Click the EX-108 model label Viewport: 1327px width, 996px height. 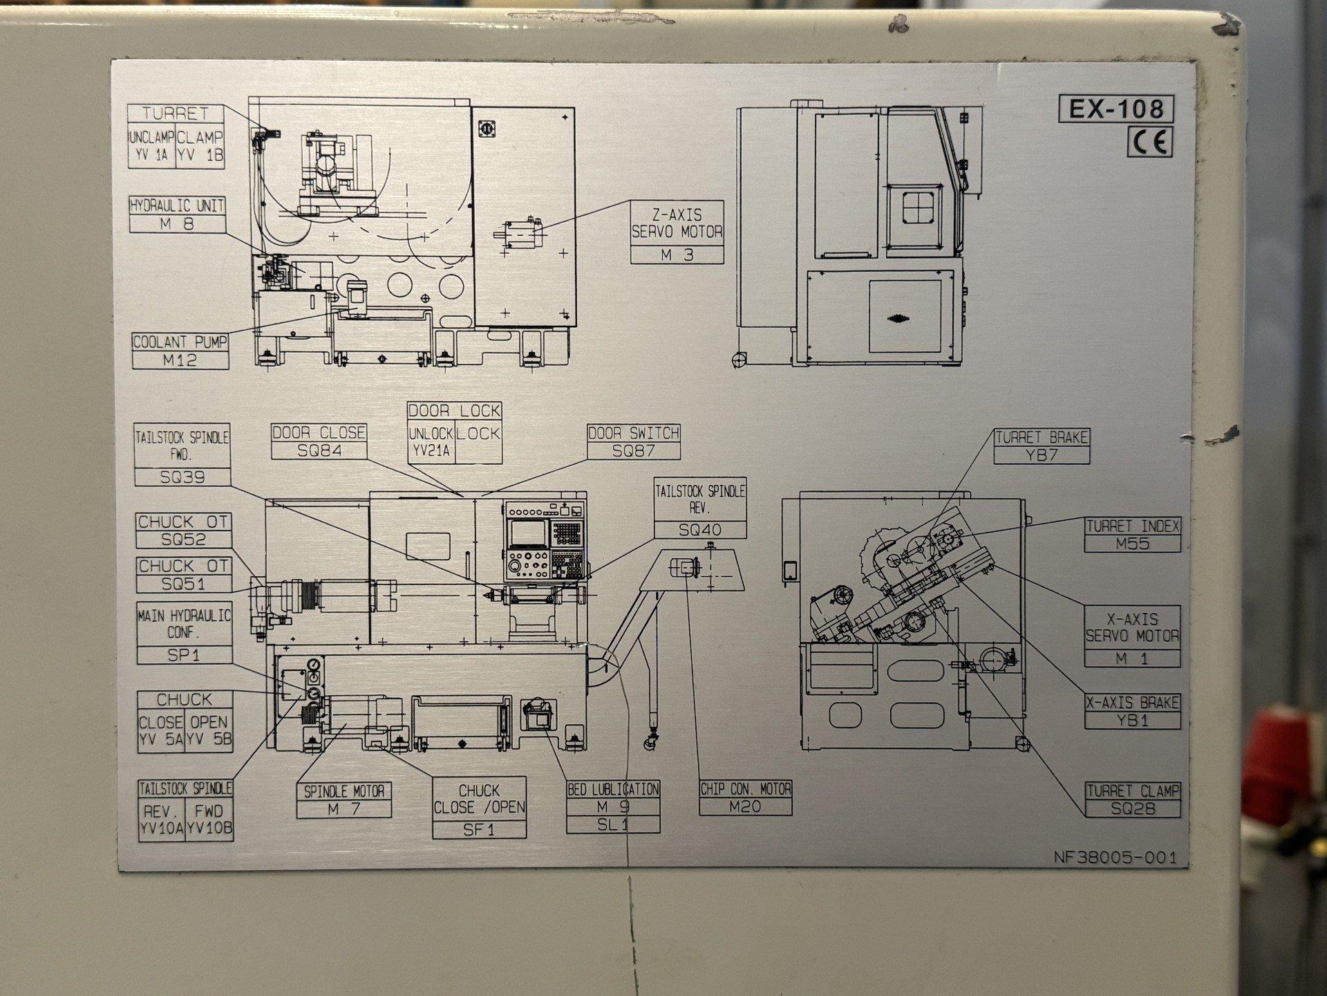[x=1116, y=109]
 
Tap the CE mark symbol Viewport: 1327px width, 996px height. [x=1150, y=142]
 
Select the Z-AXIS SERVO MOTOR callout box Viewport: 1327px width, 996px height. [x=677, y=232]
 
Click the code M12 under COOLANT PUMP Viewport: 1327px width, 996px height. [x=180, y=360]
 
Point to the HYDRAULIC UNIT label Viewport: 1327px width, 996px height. [x=178, y=205]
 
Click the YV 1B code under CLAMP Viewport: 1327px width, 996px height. [x=200, y=156]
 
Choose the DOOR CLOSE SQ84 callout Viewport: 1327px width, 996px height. [x=319, y=442]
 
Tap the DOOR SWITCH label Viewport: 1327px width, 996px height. [x=634, y=434]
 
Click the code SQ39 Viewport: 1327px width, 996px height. [x=182, y=477]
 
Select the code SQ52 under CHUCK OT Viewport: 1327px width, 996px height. [x=183, y=539]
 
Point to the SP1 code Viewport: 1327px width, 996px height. [x=183, y=655]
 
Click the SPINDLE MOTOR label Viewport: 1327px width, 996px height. [x=344, y=791]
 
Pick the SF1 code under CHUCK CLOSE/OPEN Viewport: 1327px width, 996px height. [x=479, y=829]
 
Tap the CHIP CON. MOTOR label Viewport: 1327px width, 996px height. [x=745, y=788]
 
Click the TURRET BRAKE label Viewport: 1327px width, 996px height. [x=1042, y=437]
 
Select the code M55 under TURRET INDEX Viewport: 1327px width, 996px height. [x=1132, y=544]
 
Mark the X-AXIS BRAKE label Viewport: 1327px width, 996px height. [x=1132, y=703]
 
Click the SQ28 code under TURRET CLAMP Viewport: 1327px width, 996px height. [x=1133, y=808]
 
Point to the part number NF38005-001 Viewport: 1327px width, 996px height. [x=1114, y=858]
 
